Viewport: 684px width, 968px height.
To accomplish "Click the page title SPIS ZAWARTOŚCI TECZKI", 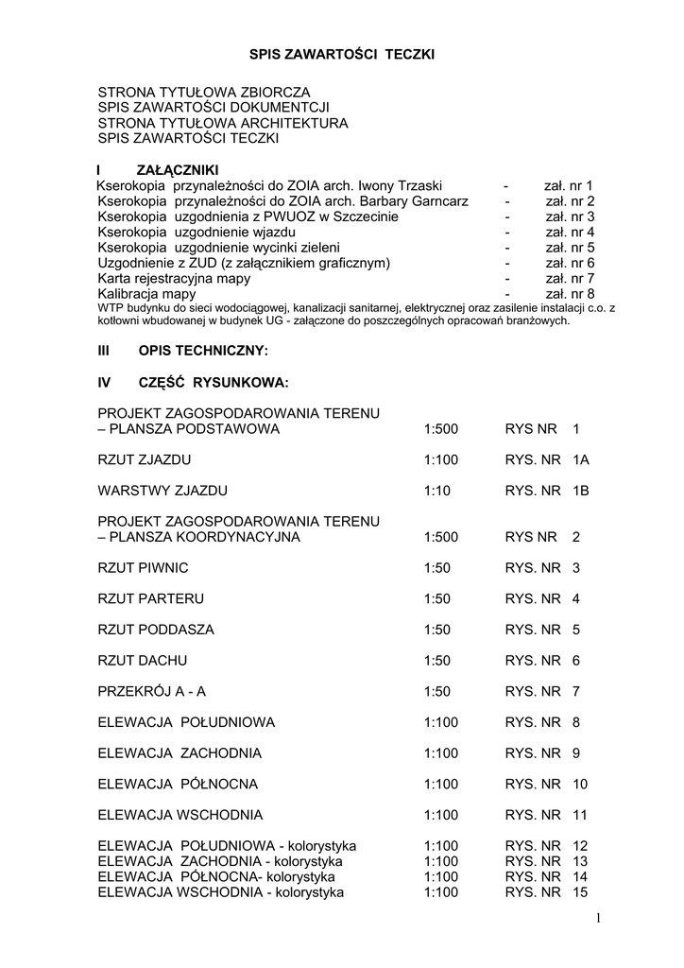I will (x=341, y=56).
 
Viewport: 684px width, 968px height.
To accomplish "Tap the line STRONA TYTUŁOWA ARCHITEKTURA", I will (x=223, y=123).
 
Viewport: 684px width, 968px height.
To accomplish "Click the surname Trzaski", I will (x=417, y=185).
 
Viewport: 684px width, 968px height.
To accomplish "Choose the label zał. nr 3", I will (x=569, y=216).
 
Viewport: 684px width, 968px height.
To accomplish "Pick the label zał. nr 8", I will (x=569, y=293).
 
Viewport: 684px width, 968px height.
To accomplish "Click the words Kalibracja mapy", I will (x=147, y=293).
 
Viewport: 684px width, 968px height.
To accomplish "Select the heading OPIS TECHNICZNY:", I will (x=203, y=351).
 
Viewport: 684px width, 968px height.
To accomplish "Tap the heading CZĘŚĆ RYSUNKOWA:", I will (x=213, y=383).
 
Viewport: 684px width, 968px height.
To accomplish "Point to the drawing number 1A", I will (x=581, y=460).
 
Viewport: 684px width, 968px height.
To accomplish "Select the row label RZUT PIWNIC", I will (x=143, y=568).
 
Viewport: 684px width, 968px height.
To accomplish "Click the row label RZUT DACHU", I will (x=142, y=661).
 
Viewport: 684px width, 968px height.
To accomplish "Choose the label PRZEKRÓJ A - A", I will (x=151, y=691).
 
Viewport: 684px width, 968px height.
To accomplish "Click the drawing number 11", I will (x=580, y=814).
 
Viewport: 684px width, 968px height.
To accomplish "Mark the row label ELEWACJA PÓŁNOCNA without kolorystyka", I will (x=178, y=784).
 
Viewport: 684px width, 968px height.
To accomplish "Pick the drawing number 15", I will (x=580, y=891).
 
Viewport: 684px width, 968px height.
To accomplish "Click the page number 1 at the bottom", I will (x=599, y=919).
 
